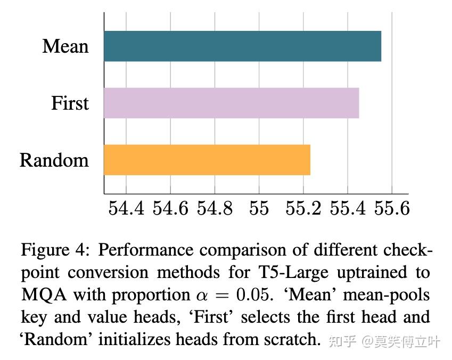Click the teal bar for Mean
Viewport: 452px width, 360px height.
[x=242, y=46]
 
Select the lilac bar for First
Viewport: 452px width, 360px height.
[x=231, y=103]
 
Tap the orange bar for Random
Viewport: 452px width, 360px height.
[x=207, y=160]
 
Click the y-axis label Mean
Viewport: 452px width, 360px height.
[x=65, y=46]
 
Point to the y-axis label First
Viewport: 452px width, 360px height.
[x=70, y=103]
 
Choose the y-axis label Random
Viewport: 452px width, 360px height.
[x=54, y=160]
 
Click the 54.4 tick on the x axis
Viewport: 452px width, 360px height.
[x=126, y=208]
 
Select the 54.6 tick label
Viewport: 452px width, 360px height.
[x=170, y=208]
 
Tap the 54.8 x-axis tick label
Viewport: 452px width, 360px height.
[x=215, y=208]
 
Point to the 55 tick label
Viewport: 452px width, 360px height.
[x=259, y=208]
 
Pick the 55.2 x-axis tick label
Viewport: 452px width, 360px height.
[x=303, y=208]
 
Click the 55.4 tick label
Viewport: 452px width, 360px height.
[x=347, y=208]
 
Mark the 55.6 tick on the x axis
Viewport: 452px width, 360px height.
[x=391, y=208]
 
